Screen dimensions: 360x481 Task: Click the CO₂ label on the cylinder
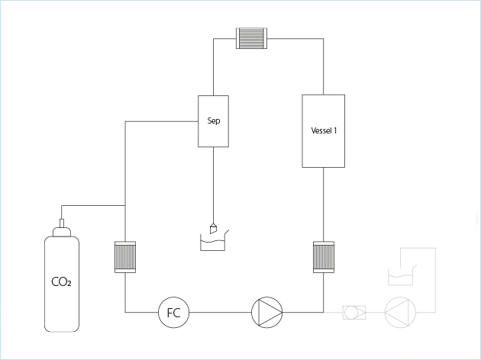coord(61,282)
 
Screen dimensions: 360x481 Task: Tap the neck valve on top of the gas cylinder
coord(61,227)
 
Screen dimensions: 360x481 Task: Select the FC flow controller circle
coord(173,311)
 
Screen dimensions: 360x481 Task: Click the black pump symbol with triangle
coord(266,311)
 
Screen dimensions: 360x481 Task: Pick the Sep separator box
coord(214,133)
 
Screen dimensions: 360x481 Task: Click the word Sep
coord(214,121)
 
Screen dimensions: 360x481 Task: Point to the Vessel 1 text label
coord(324,130)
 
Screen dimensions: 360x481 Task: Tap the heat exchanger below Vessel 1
coord(324,256)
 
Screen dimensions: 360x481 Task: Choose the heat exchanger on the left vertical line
coord(124,257)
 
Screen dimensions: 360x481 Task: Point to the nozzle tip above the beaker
coord(215,228)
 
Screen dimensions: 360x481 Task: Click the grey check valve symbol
coord(353,311)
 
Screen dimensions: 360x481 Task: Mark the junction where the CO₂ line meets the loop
coord(124,205)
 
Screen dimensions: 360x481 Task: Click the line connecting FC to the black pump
coord(220,311)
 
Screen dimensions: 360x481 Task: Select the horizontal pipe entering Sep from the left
coord(160,121)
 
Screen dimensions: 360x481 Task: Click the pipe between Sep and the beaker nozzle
coord(214,183)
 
